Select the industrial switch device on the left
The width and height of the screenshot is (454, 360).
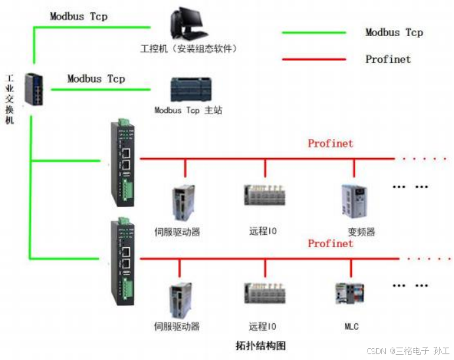click(32, 89)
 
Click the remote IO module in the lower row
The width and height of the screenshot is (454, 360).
click(265, 294)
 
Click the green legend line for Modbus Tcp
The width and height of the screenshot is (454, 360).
click(314, 32)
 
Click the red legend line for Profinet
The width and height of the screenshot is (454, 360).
click(314, 59)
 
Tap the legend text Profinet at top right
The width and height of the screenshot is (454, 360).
click(388, 59)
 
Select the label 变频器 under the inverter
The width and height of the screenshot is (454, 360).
click(361, 231)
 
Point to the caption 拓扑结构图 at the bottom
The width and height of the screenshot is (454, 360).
click(260, 345)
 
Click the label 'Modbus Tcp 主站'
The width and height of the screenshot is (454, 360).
click(188, 110)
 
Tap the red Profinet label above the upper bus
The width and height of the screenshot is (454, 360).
click(330, 144)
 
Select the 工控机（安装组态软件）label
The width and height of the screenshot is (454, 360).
click(189, 49)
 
